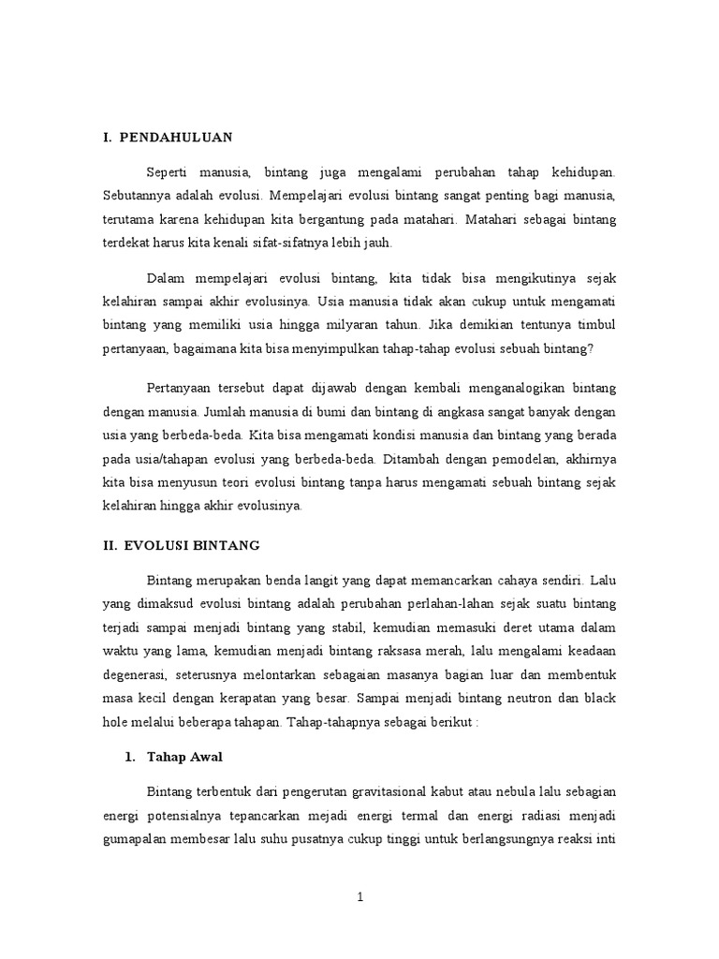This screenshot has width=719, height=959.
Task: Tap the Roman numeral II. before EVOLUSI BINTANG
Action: (x=110, y=544)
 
